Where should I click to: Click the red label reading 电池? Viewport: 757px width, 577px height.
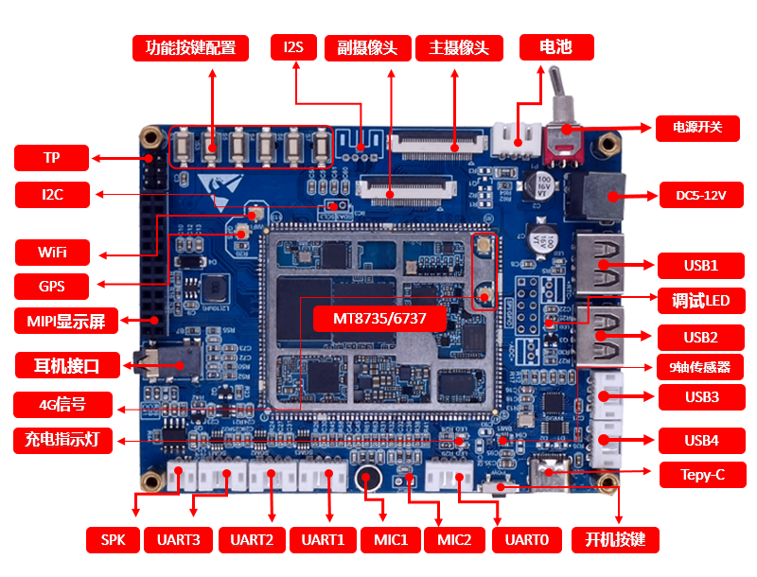556,47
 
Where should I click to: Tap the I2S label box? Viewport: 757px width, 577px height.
295,47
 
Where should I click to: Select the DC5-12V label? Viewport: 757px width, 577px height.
701,196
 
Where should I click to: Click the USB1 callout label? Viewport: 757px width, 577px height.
700,265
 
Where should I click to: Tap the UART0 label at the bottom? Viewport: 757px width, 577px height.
527,540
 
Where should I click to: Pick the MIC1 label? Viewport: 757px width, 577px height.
390,540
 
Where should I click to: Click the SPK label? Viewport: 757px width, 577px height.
113,540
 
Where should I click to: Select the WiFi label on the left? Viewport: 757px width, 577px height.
52,253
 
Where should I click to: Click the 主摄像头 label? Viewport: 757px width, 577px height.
459,47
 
